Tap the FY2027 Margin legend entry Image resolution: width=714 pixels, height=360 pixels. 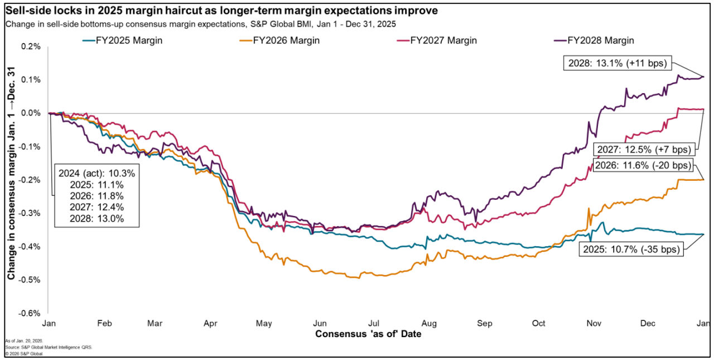(x=443, y=41)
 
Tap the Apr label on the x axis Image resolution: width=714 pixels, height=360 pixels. (x=211, y=323)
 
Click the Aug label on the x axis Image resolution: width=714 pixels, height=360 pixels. (x=429, y=323)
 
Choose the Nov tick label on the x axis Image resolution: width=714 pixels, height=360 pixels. (x=593, y=323)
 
